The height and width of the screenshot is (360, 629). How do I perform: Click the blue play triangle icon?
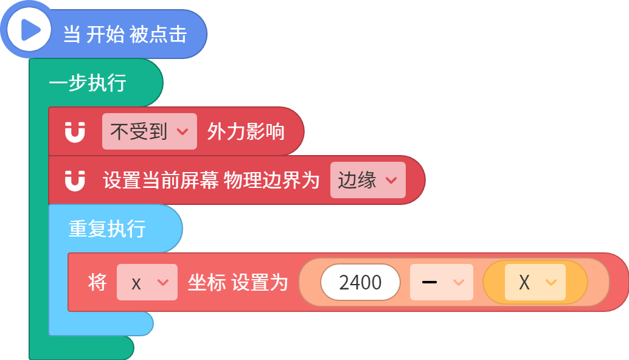[x=30, y=30]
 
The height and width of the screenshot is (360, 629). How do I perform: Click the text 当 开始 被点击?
[x=125, y=34]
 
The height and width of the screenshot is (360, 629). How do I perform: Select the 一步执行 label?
[x=88, y=83]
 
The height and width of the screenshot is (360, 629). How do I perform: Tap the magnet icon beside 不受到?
[x=75, y=132]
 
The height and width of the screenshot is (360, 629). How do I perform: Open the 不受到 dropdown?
[x=150, y=131]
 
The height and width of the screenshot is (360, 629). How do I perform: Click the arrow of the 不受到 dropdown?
[x=182, y=132]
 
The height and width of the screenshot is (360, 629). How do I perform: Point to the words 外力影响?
[x=246, y=131]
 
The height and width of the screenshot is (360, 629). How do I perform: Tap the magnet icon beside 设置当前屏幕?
[x=75, y=181]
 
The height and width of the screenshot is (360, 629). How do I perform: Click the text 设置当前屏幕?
[x=161, y=180]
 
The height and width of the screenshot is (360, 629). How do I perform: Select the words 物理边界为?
[x=271, y=180]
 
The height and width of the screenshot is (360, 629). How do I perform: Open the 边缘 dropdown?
[x=368, y=180]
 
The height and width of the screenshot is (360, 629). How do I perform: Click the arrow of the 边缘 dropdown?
[x=391, y=181]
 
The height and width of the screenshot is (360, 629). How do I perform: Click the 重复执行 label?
[x=107, y=229]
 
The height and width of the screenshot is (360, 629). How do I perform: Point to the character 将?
[x=97, y=282]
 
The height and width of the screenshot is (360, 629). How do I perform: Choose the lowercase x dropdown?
[x=147, y=282]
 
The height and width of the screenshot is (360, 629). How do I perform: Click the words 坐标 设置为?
[x=238, y=282]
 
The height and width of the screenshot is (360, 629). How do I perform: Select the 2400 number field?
[x=360, y=282]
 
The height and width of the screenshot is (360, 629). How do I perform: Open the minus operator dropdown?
[x=442, y=282]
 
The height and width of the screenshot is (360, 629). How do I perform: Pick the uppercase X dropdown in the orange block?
[x=535, y=282]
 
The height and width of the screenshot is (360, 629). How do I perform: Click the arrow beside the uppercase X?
[x=551, y=283]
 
